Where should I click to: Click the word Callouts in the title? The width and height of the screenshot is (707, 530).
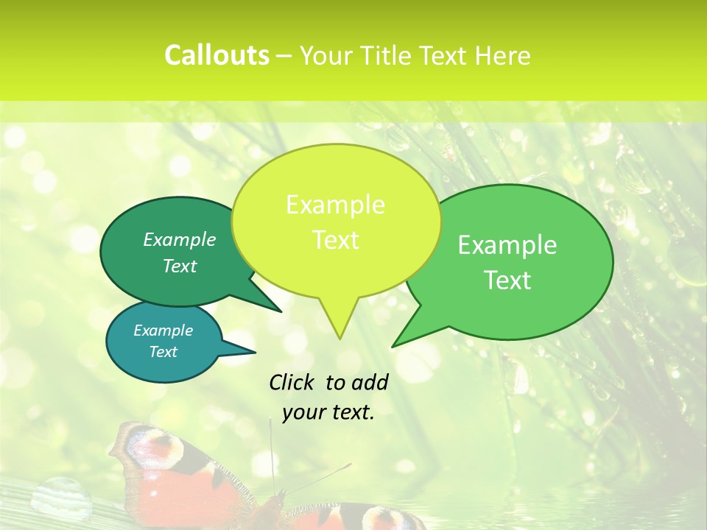coord(217,55)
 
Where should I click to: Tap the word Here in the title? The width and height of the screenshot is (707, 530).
coord(502,56)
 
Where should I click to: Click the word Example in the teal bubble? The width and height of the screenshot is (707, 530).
coord(163,331)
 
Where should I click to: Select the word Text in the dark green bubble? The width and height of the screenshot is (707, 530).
coord(180,266)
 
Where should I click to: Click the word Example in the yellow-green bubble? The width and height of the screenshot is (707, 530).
coord(335,205)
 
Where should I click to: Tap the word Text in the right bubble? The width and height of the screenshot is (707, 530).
coord(507,280)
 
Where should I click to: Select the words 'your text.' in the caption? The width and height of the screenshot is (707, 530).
coord(328,412)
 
